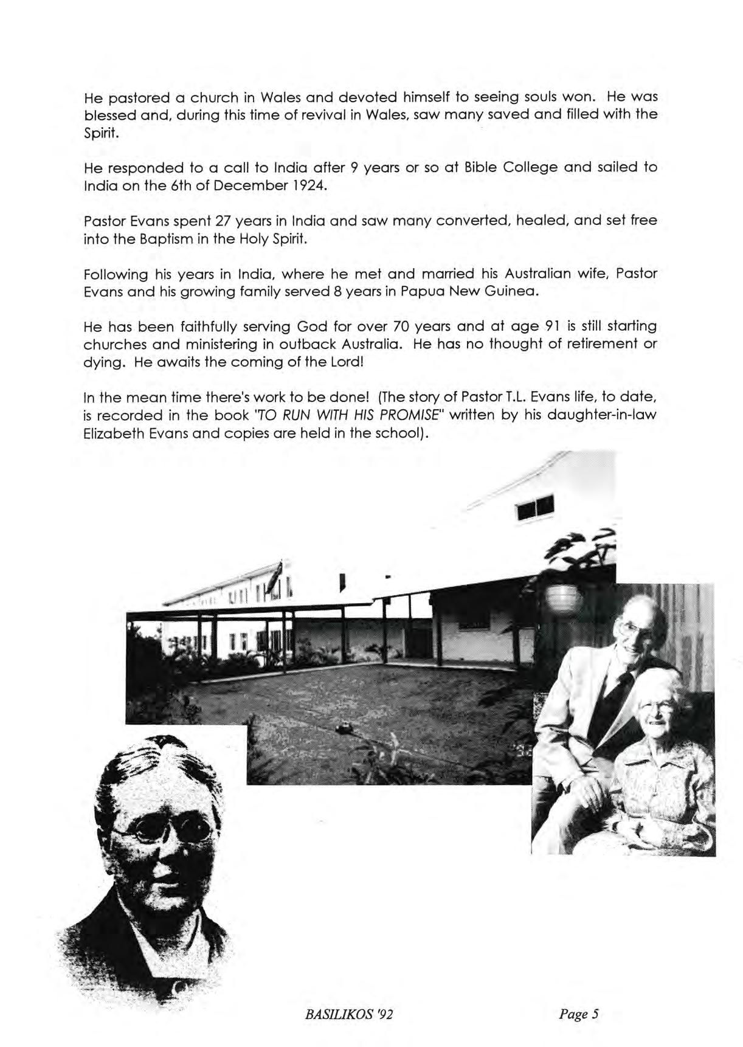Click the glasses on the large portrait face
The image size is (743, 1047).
pyautogui.click(x=143, y=830)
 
